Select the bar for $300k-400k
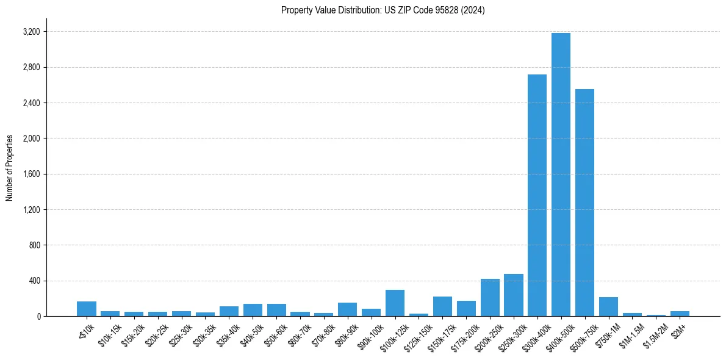tap(537, 195)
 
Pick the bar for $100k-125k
tap(395, 303)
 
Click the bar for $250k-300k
tap(513, 295)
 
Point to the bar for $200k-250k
tap(490, 298)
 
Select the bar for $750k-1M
tap(608, 307)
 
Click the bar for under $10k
tap(87, 309)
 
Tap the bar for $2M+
tap(680, 314)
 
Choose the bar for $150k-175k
tap(442, 306)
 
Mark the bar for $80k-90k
tap(347, 309)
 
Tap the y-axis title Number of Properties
tap(9, 168)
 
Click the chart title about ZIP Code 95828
tap(383, 10)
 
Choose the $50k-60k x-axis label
tap(275, 333)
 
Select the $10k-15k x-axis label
tap(109, 333)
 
